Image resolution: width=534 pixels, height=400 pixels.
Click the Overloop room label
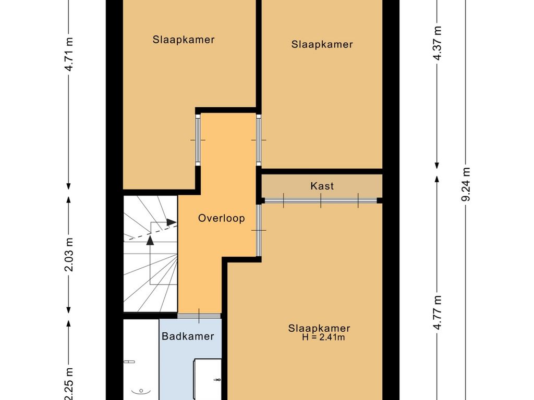point(221,218)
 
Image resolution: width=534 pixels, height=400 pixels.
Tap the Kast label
point(322,186)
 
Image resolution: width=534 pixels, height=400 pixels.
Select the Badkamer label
point(188,336)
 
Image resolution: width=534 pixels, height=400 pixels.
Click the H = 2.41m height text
point(323,337)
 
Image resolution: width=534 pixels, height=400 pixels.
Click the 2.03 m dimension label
point(69,255)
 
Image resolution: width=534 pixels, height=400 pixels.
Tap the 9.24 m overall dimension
point(466,184)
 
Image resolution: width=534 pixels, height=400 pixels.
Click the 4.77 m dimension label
point(438,312)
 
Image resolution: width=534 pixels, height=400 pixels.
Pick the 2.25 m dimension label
point(69,384)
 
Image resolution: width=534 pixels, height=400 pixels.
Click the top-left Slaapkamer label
point(184,40)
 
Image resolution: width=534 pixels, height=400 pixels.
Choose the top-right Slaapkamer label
point(322,44)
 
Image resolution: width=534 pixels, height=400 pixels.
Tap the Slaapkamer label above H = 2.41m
point(319,328)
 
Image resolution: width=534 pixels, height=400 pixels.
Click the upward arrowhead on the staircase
point(150,240)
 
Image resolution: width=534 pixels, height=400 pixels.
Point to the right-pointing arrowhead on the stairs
point(172,222)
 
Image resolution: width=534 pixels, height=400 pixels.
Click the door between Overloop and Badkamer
point(199,316)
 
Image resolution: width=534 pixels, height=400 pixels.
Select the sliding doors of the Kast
point(321,201)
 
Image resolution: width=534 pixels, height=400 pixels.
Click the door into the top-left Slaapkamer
point(198,140)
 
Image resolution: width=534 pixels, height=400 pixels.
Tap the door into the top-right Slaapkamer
point(259,140)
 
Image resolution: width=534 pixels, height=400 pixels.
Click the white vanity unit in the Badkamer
point(207,379)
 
